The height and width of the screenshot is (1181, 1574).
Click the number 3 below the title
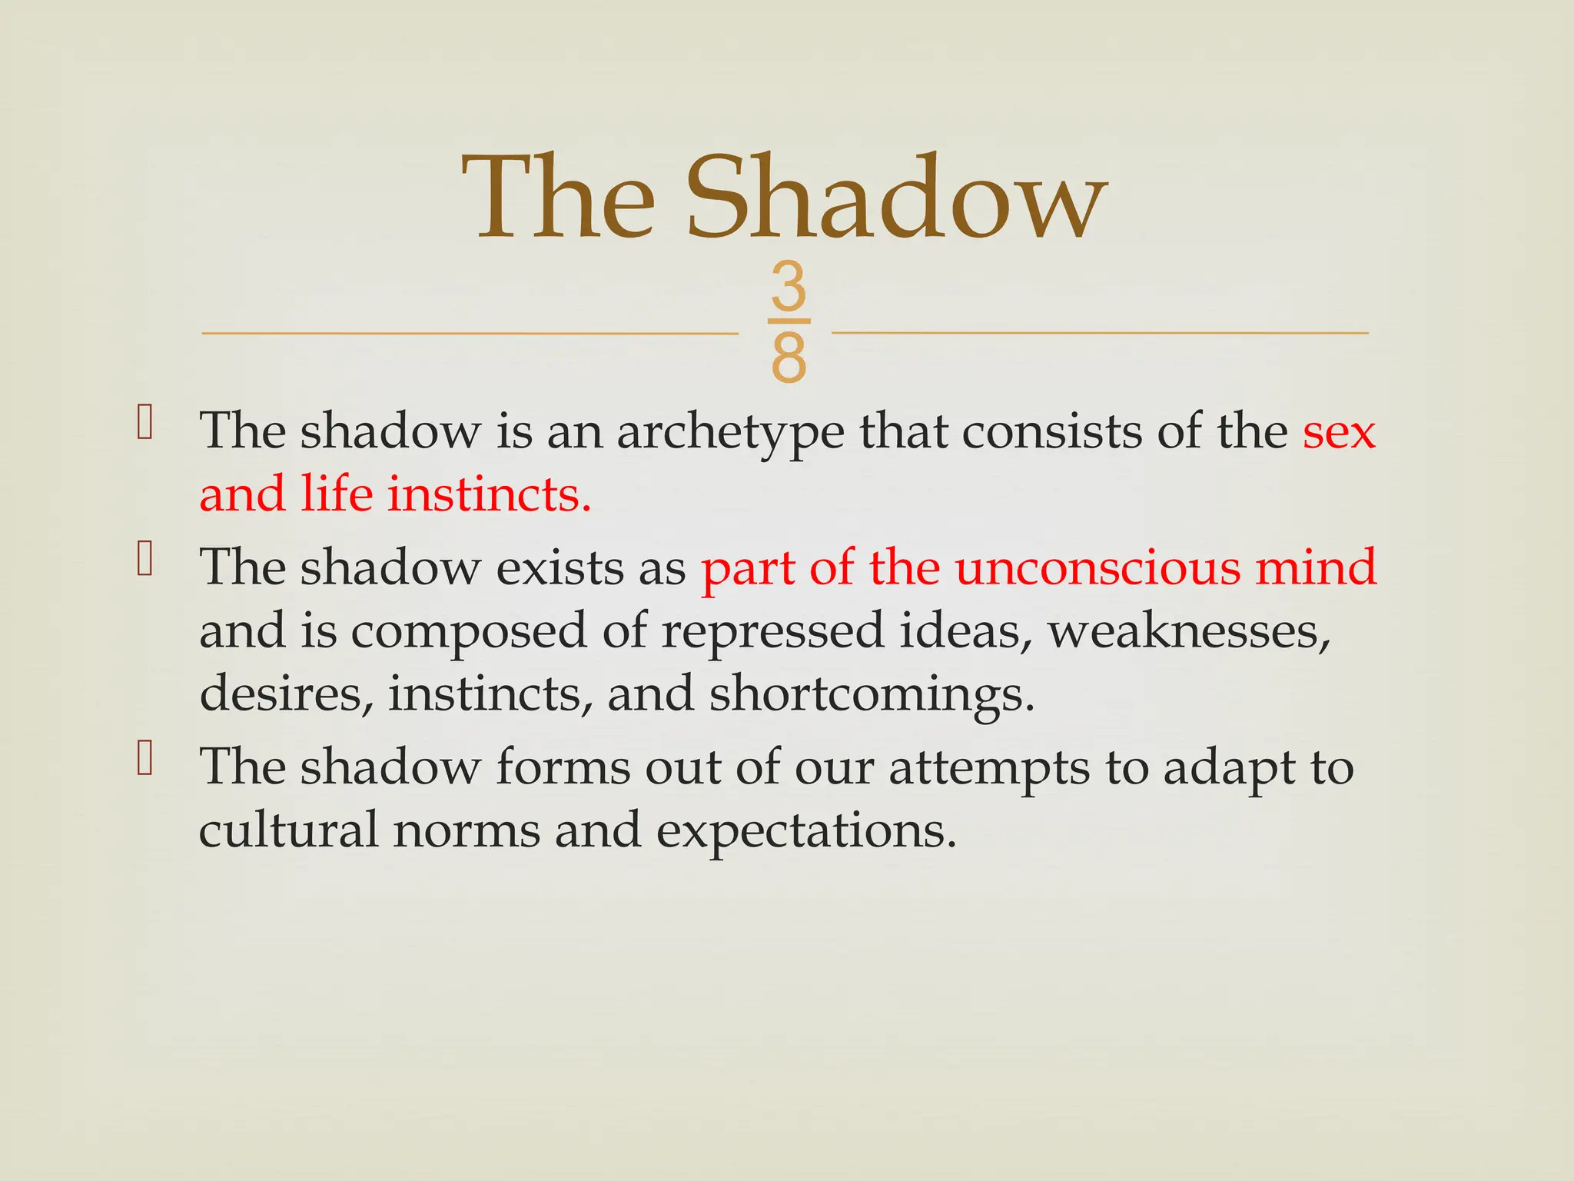(x=789, y=286)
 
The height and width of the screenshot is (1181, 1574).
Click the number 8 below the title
(x=789, y=358)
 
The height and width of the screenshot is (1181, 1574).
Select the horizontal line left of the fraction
(x=469, y=334)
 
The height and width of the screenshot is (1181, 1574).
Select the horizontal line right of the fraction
(x=1099, y=333)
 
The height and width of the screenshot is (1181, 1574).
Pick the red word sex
(x=1338, y=431)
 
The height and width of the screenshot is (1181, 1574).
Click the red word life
(x=337, y=494)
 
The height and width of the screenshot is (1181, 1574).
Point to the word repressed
(x=772, y=633)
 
